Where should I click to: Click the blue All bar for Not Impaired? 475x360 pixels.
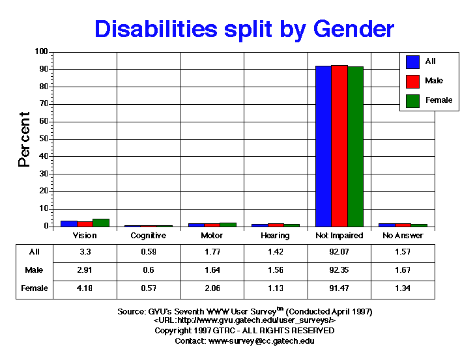click(323, 146)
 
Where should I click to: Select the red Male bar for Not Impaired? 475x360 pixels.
click(339, 146)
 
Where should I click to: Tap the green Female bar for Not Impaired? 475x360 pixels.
click(355, 146)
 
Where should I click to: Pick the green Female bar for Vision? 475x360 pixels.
click(100, 223)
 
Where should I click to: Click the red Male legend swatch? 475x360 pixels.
click(412, 81)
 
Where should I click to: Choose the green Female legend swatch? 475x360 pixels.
click(412, 100)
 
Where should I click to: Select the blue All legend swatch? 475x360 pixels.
click(412, 61)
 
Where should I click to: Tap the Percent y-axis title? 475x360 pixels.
click(25, 139)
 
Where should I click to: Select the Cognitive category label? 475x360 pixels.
click(148, 235)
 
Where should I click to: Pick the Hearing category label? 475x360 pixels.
click(275, 235)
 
